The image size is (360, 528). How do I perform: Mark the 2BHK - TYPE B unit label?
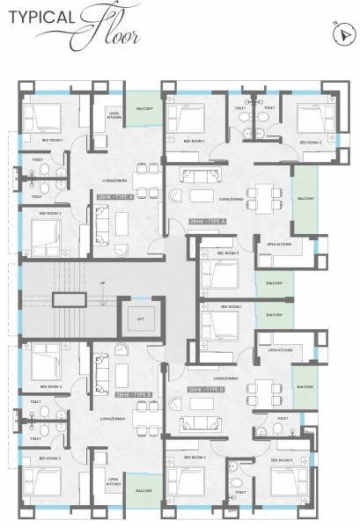[x=119, y=394]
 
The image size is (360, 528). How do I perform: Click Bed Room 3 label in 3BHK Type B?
[x=282, y=458]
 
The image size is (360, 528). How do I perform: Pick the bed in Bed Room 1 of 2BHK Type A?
[x=42, y=118]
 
